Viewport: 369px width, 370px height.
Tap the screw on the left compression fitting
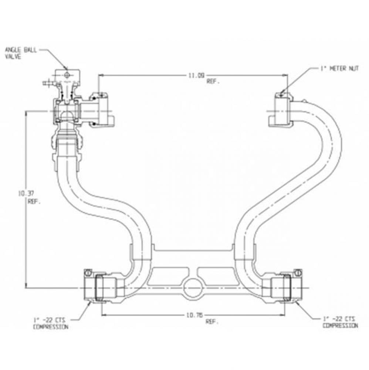tap(88, 273)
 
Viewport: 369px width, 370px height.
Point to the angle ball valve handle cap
tap(67, 75)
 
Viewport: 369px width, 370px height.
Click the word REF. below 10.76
tap(212, 322)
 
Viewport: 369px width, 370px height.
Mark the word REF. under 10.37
tap(34, 202)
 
